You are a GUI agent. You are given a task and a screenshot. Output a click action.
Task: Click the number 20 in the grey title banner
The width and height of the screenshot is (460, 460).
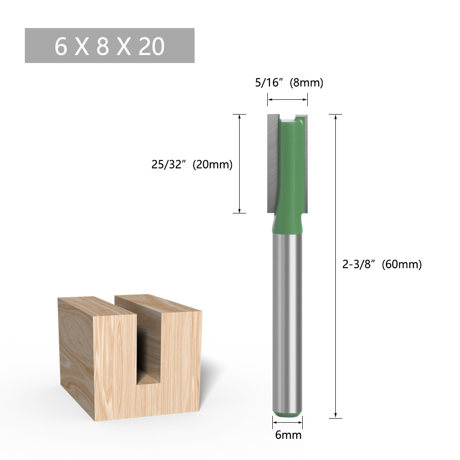pos(151,46)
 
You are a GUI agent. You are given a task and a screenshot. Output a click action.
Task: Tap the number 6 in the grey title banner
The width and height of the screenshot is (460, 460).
pos(61,46)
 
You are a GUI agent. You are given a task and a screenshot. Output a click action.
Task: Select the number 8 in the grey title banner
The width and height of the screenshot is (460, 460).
pos(103,46)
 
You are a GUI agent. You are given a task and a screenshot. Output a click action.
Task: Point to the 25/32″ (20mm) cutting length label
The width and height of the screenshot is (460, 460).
pos(192,164)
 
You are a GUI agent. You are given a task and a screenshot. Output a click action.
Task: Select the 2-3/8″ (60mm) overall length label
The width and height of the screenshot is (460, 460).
pos(382,264)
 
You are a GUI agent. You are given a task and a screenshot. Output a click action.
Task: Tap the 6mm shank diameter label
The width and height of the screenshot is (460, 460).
pos(288,434)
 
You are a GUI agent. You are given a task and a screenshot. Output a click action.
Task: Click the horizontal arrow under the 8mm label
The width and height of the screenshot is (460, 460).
pos(287,99)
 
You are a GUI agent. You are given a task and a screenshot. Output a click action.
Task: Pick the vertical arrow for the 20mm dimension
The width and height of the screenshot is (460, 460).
pos(239,163)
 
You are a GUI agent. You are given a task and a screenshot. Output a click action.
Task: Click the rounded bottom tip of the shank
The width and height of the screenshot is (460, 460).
pos(287,409)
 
